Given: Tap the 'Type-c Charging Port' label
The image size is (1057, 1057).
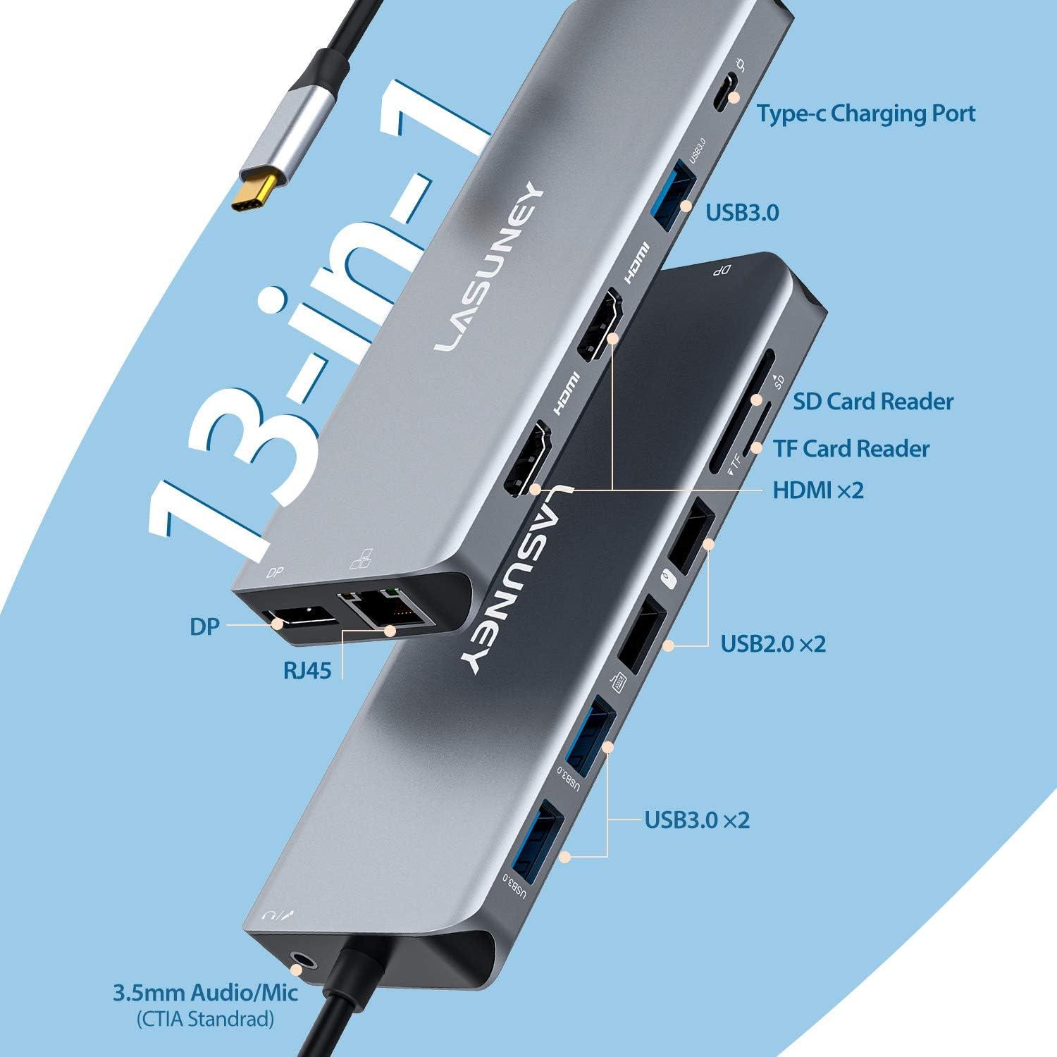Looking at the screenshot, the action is [866, 113].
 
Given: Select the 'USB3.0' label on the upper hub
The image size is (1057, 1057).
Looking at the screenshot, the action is [742, 212].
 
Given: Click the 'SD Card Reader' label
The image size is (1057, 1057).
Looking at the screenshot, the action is [872, 402].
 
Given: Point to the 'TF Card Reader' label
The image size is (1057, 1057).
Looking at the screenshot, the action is [851, 448].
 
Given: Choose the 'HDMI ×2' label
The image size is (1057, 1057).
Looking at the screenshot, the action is [817, 490].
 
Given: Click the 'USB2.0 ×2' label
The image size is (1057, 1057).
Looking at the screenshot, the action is [772, 643].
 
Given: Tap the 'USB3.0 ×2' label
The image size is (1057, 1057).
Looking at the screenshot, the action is [697, 820].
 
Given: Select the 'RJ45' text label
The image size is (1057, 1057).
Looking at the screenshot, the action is [307, 669].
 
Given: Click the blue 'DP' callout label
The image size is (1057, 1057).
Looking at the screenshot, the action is [204, 626].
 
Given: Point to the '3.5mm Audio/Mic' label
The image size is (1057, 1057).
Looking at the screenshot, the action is [205, 993].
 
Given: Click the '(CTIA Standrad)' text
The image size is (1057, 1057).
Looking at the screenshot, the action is [205, 1019].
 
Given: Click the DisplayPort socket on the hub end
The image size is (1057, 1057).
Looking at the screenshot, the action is [299, 621].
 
